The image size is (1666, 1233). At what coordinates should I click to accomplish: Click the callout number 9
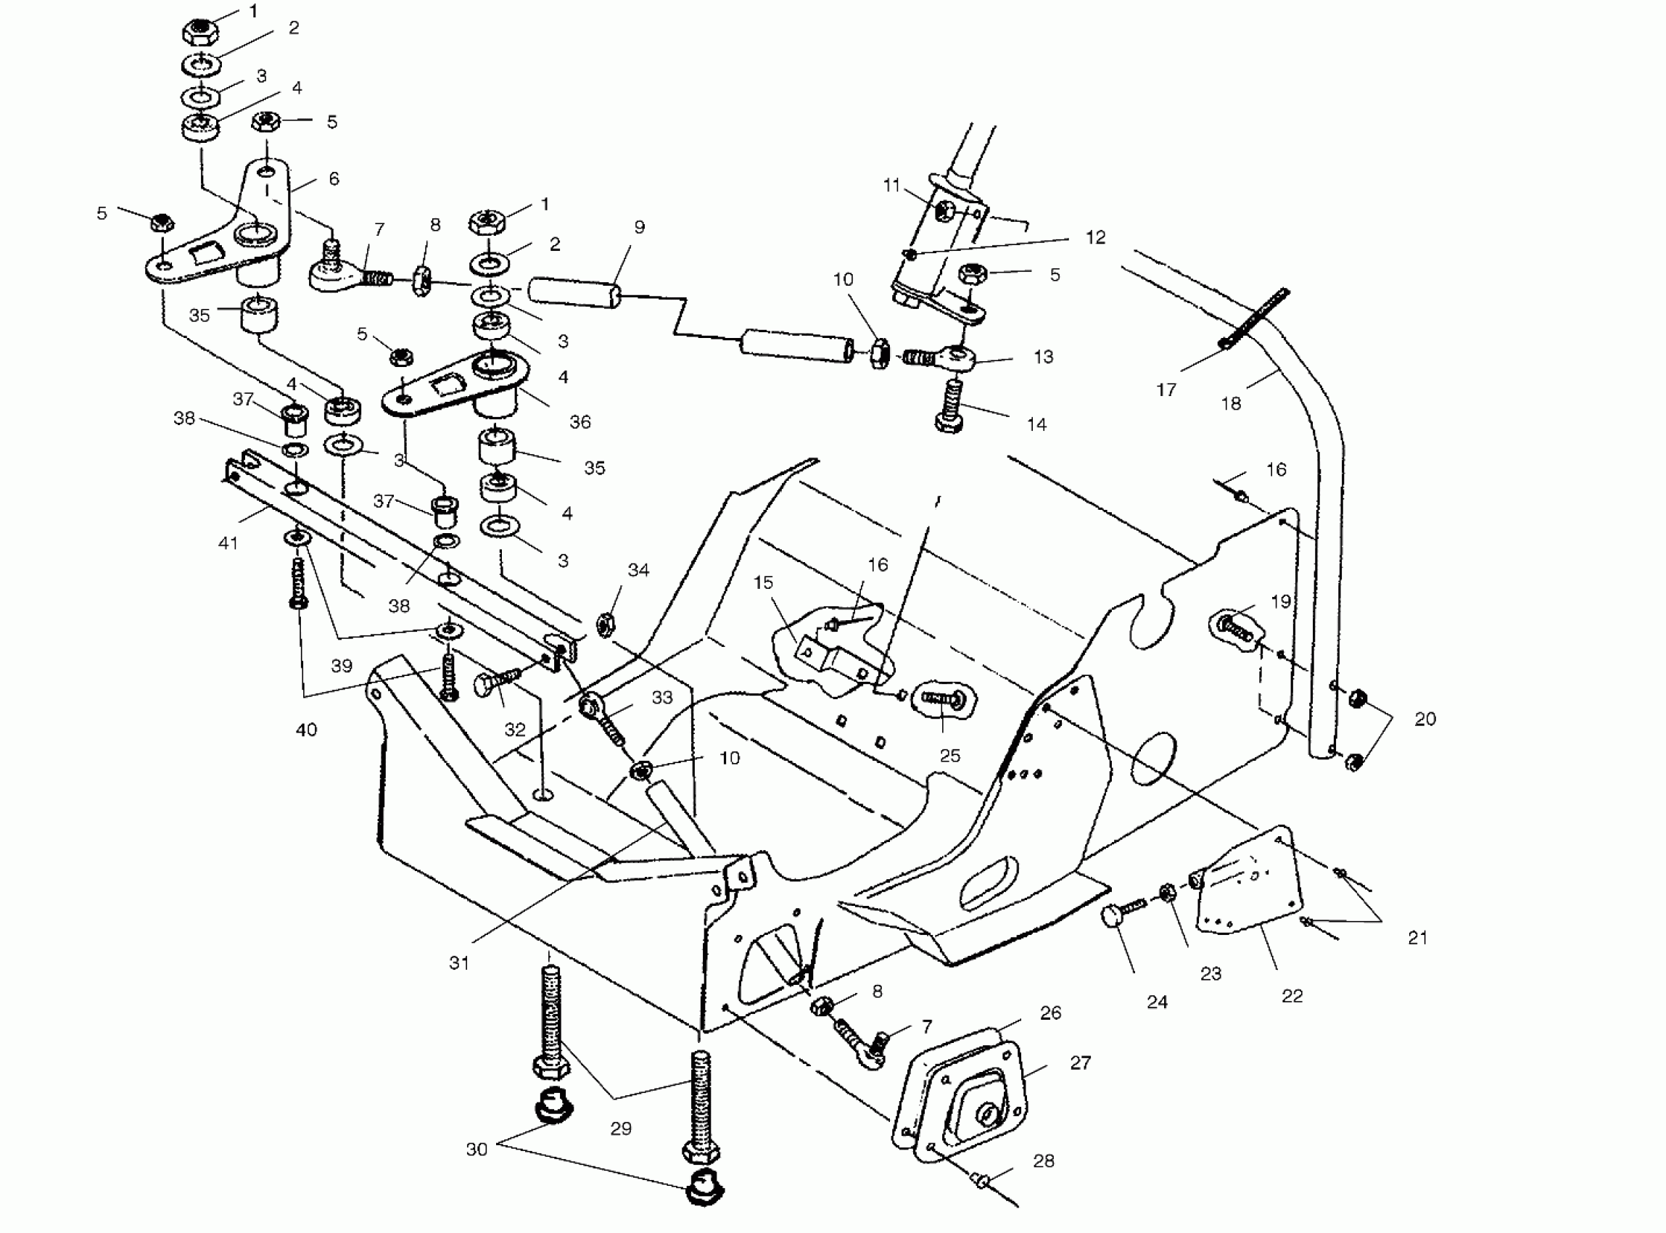coord(639,227)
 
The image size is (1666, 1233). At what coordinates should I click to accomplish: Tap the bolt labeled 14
coord(950,407)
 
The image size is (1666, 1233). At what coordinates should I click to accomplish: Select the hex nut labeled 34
coord(606,623)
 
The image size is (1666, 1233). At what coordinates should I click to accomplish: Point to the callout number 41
coord(228,543)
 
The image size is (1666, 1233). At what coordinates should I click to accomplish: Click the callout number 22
coord(1292,996)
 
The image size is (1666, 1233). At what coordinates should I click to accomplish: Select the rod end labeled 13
coord(952,358)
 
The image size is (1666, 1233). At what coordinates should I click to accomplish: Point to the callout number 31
coord(459,962)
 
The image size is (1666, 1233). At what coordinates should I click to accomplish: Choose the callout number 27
coord(1081,1062)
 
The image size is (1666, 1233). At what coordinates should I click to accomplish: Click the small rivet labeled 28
coord(982,1180)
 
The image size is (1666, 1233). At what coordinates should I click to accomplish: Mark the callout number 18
coord(1231,403)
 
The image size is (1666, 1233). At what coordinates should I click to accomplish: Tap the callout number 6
coord(334,178)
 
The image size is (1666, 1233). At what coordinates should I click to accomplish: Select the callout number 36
coord(580,421)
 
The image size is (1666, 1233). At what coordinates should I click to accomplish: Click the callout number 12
coord(1095,237)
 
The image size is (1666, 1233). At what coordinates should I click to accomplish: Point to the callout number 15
coord(763,582)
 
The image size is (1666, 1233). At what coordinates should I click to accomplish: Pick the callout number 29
coord(621,1128)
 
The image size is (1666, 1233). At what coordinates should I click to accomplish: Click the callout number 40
coord(307,729)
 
